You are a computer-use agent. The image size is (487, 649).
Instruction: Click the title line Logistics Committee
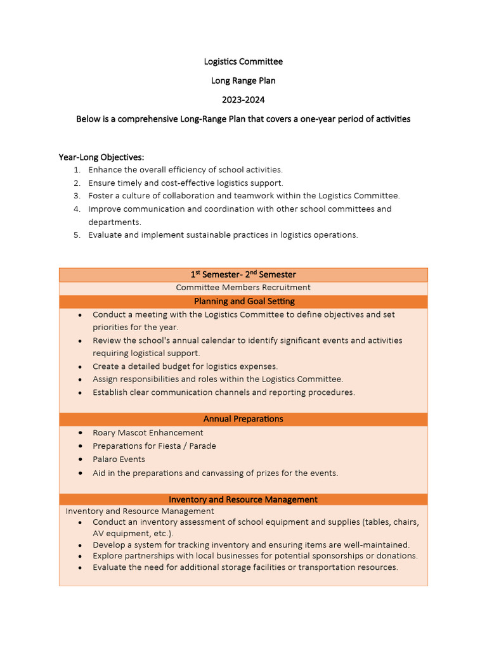(243, 61)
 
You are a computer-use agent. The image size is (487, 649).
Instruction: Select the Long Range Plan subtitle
(243, 80)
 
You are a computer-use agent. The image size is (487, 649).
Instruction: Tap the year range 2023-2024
(243, 100)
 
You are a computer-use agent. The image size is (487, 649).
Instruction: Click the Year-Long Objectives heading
(101, 157)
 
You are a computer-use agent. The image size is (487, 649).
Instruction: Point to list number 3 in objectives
(77, 196)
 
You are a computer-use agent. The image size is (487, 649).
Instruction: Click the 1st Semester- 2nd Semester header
(243, 274)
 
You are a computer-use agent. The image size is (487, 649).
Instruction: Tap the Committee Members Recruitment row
(243, 288)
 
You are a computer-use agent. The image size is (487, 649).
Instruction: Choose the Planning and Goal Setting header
(243, 301)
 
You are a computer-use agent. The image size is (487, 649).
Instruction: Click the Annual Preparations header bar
(243, 419)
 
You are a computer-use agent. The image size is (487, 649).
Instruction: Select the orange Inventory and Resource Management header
(243, 499)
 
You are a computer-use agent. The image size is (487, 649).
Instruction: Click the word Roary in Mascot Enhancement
(105, 433)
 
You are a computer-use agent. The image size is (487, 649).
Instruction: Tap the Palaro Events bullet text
(119, 459)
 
